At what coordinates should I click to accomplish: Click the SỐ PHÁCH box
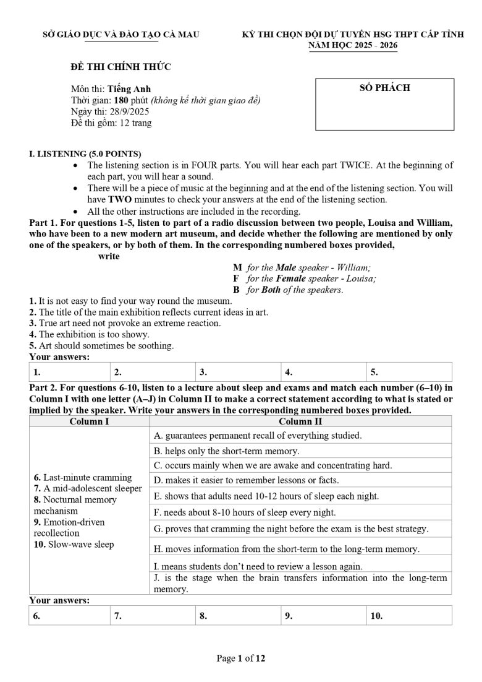pos(384,104)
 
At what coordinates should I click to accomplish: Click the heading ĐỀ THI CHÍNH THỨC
pos(121,67)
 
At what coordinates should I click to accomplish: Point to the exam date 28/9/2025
pos(127,111)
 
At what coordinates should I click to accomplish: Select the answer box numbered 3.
pos(237,373)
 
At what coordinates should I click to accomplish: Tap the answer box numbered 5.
pos(408,373)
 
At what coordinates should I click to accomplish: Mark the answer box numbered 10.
pos(408,616)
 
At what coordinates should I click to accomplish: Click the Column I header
pos(89,421)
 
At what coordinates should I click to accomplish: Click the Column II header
pos(300,421)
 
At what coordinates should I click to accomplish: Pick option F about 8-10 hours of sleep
pos(245,512)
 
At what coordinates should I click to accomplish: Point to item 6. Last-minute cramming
pos(83,477)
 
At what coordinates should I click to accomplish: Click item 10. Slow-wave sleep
pos(74,544)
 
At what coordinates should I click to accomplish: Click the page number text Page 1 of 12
pos(241,658)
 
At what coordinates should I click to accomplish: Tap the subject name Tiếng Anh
pos(129,89)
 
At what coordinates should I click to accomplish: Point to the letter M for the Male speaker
pos(237,267)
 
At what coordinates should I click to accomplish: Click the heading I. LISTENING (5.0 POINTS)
pos(85,153)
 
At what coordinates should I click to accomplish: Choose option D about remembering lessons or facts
pos(246,480)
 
